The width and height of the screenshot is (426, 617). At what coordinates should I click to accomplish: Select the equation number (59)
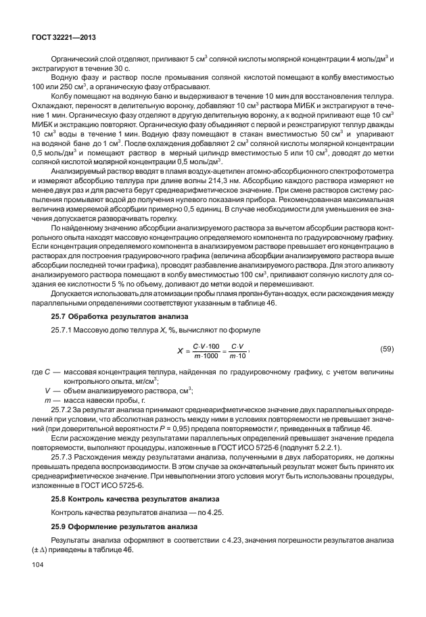point(386,349)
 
